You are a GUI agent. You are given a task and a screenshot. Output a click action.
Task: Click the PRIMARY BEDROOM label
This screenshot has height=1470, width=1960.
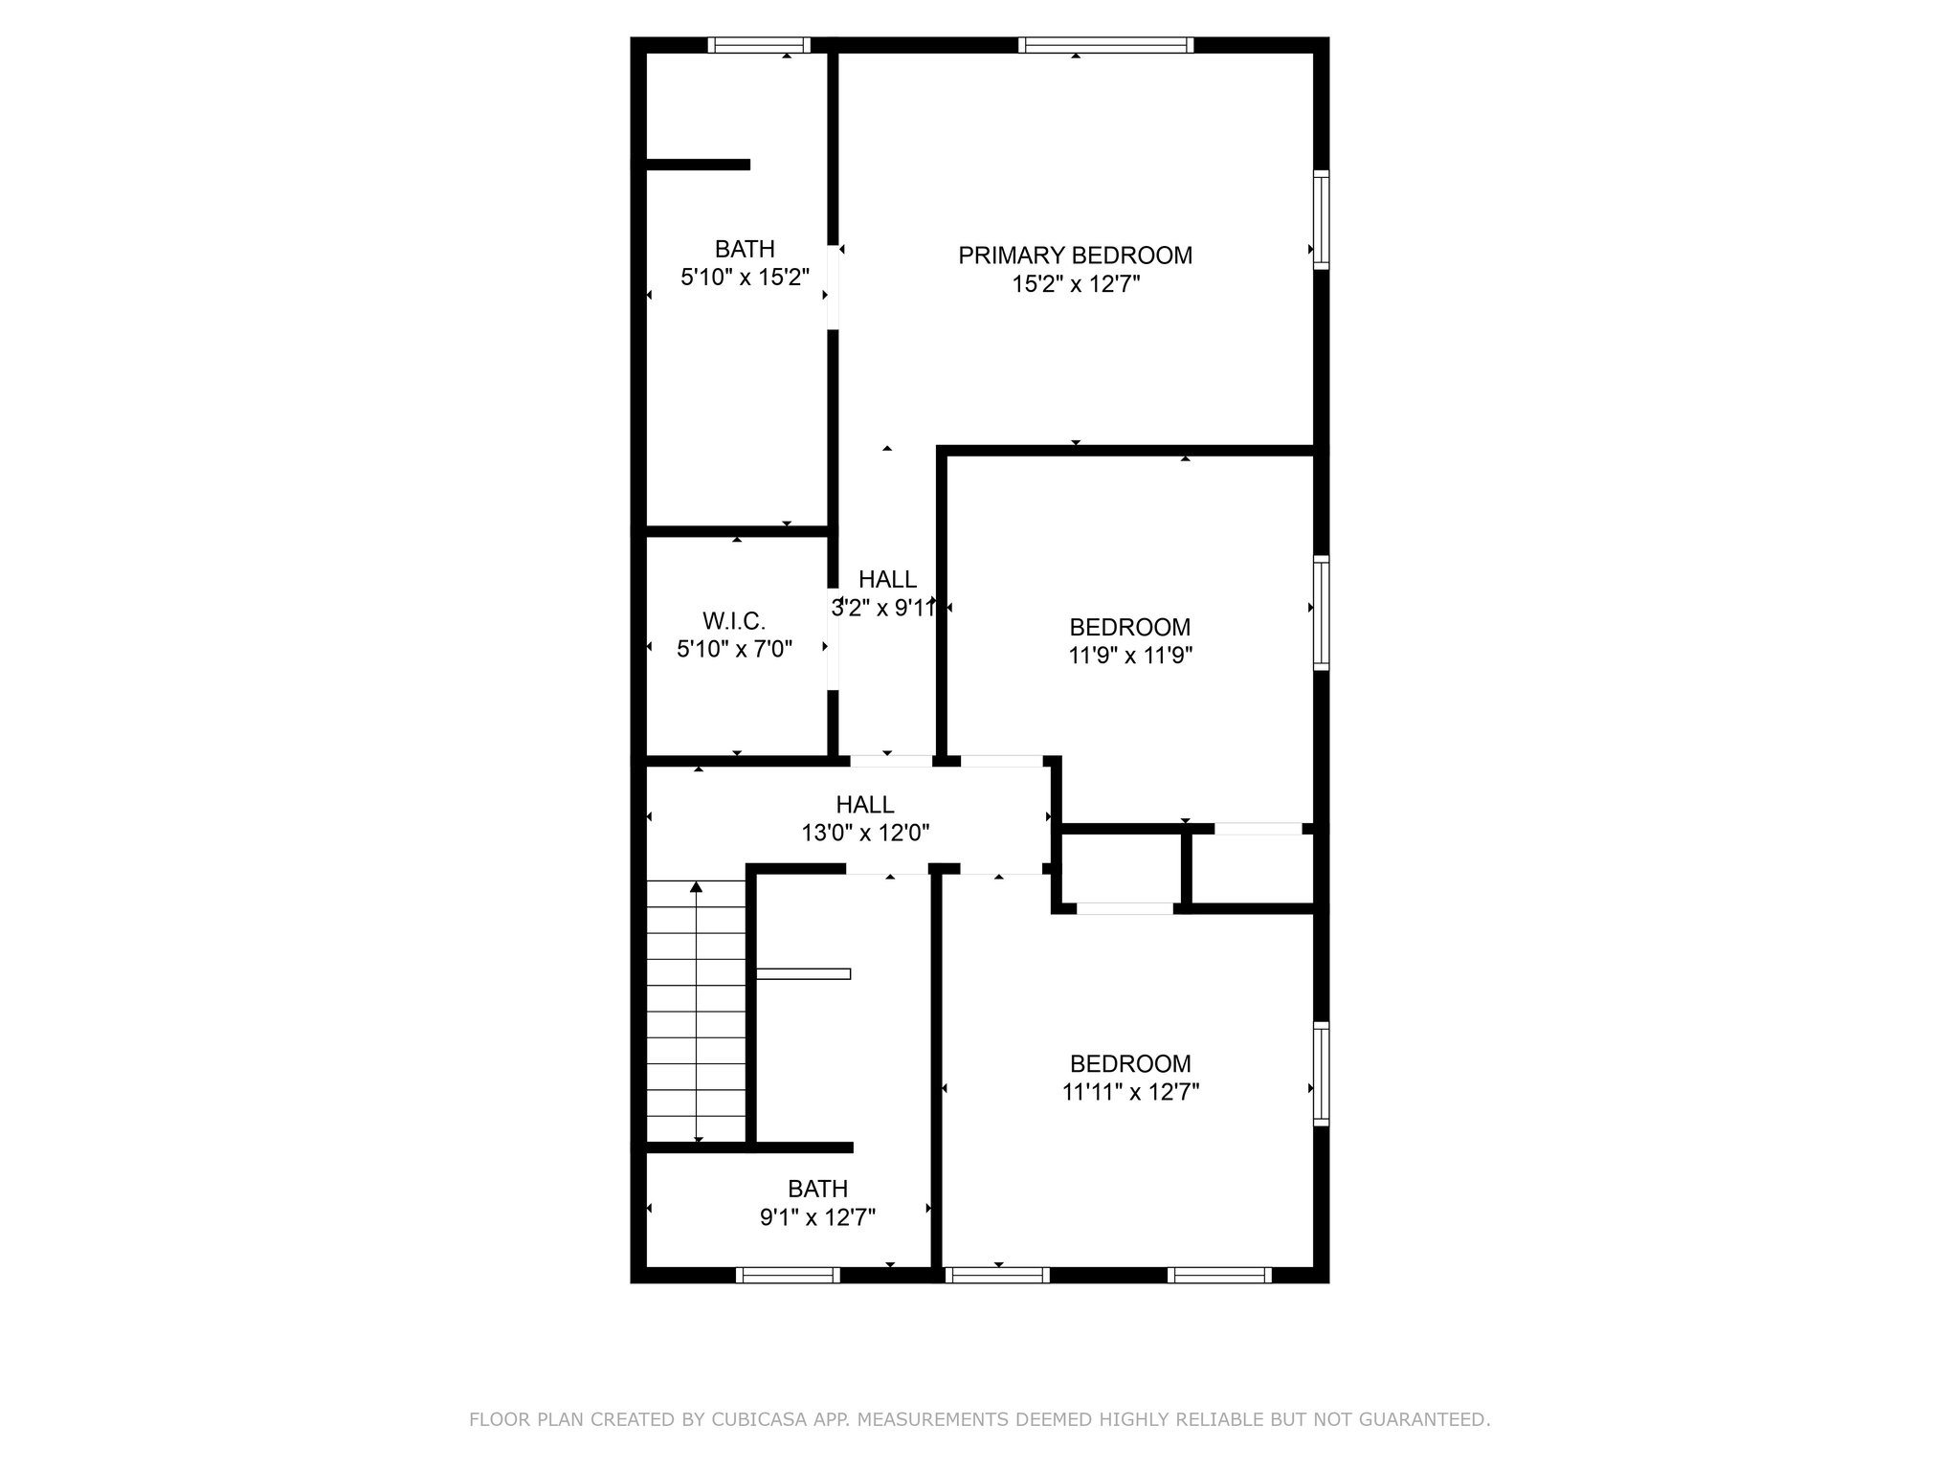pos(1075,256)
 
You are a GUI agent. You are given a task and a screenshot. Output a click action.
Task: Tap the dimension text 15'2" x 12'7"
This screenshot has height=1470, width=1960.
pos(1076,284)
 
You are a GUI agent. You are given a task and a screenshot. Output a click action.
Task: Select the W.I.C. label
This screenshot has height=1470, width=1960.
pos(734,620)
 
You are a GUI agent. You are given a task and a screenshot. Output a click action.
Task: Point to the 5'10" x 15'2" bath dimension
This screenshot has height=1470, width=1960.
pos(745,278)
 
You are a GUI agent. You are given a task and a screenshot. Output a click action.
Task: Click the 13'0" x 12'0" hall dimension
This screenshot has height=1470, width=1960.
pos(865,834)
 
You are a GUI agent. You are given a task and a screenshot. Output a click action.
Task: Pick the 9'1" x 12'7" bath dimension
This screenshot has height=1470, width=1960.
pos(817,1217)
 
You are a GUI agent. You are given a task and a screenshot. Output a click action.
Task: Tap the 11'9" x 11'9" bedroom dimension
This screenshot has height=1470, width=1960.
pos(1130,656)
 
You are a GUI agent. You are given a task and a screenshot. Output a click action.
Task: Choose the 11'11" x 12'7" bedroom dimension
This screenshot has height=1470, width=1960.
pos(1130,1092)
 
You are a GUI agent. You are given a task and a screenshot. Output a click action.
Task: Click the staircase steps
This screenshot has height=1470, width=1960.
pos(696,1011)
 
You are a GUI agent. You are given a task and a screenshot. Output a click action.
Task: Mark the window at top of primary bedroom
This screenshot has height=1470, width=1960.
pos(1105,44)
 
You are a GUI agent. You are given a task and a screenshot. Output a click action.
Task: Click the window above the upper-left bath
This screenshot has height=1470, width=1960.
pos(759,44)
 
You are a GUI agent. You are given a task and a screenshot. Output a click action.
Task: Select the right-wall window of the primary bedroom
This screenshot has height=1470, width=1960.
pos(1321,219)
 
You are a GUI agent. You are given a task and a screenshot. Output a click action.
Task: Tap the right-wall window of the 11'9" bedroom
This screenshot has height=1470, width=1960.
pos(1321,612)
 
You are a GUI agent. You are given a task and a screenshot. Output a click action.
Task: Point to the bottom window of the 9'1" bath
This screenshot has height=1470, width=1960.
pos(788,1275)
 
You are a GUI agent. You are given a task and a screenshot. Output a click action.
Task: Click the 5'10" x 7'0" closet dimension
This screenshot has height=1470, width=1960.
pos(734,649)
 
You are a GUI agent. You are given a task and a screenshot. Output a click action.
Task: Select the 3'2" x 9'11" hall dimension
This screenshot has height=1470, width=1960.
pos(882,608)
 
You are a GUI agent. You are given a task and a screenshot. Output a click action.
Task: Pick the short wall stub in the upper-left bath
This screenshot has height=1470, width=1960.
pos(698,165)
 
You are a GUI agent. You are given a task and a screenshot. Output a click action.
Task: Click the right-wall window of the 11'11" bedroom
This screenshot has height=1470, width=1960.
pos(1321,1072)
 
